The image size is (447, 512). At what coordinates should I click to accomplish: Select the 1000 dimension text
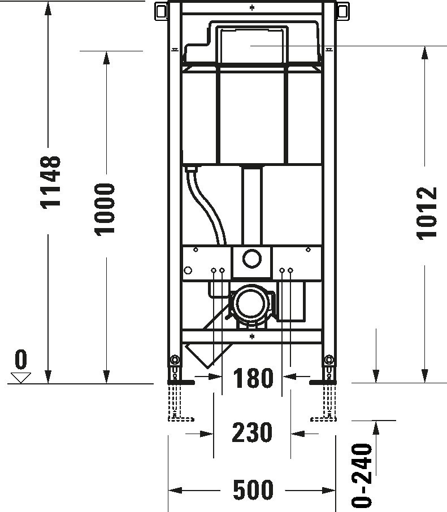click(105, 208)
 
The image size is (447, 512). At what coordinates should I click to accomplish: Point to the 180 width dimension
click(252, 378)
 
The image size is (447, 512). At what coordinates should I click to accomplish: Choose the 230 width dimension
click(252, 433)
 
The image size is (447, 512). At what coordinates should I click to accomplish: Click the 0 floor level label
click(21, 359)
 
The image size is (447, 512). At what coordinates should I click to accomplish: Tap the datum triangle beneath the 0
click(21, 377)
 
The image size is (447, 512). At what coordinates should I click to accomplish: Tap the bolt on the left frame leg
click(175, 360)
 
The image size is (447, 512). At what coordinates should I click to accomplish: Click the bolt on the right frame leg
click(328, 360)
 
